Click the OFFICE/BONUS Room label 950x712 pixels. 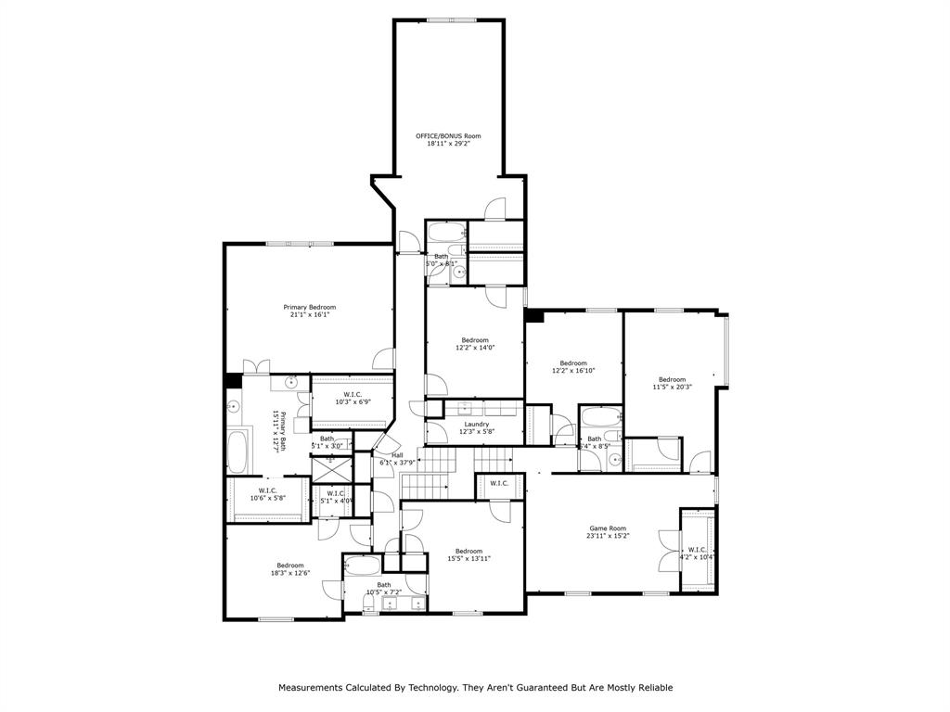click(448, 136)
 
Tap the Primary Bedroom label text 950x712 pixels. click(309, 307)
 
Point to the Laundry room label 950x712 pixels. click(477, 424)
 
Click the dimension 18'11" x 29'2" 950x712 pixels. click(448, 144)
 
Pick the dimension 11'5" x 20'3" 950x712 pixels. click(672, 387)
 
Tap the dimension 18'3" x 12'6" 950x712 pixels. click(289, 573)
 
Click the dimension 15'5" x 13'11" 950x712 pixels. click(469, 558)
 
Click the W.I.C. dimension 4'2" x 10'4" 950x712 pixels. click(697, 557)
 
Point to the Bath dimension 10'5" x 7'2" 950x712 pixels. click(383, 591)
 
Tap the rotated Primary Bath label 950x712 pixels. click(276, 431)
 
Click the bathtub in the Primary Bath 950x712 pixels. click(239, 451)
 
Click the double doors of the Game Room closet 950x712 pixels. click(666, 551)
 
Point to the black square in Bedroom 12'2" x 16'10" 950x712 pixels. click(533, 316)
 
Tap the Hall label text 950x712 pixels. click(397, 455)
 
